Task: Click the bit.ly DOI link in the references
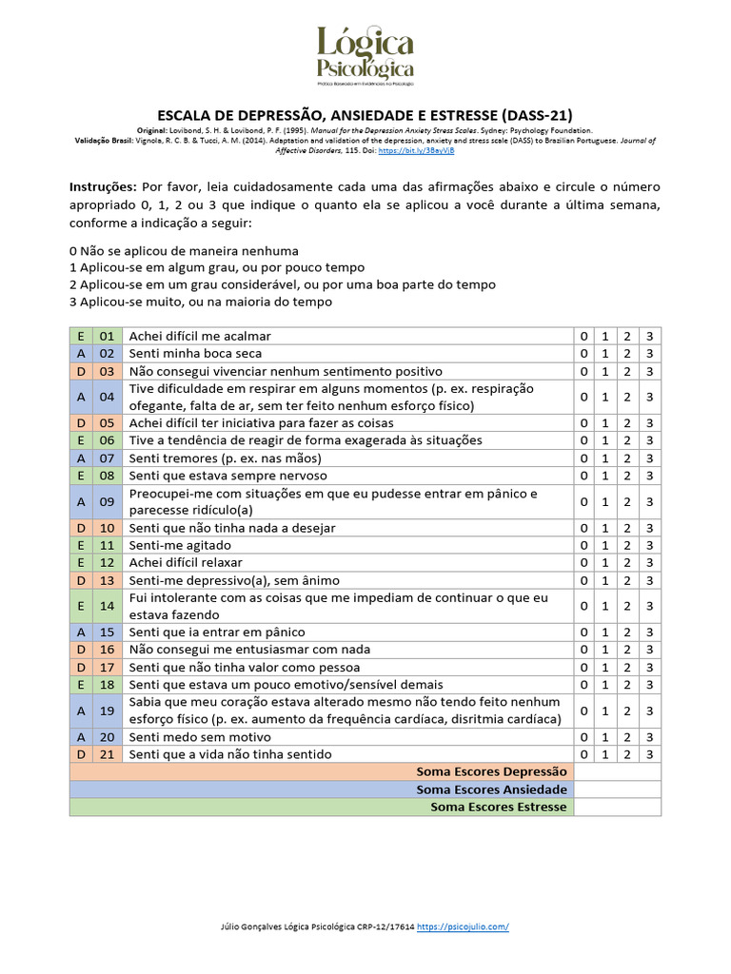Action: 418,150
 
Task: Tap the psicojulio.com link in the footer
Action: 463,926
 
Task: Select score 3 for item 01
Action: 649,336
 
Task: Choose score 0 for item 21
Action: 583,754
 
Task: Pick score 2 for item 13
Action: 627,580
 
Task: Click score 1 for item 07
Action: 605,458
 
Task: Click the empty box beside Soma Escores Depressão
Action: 617,771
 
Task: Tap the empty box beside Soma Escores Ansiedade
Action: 617,789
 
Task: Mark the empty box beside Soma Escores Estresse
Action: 617,807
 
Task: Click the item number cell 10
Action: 107,528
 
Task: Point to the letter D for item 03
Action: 81,371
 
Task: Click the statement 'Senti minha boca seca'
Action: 197,354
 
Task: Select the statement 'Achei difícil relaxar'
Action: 186,563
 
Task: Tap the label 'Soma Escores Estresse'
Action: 498,807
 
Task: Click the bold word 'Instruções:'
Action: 104,186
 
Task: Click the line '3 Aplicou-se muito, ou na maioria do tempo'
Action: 201,302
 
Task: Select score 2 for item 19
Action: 627,711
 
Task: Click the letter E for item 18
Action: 81,685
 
